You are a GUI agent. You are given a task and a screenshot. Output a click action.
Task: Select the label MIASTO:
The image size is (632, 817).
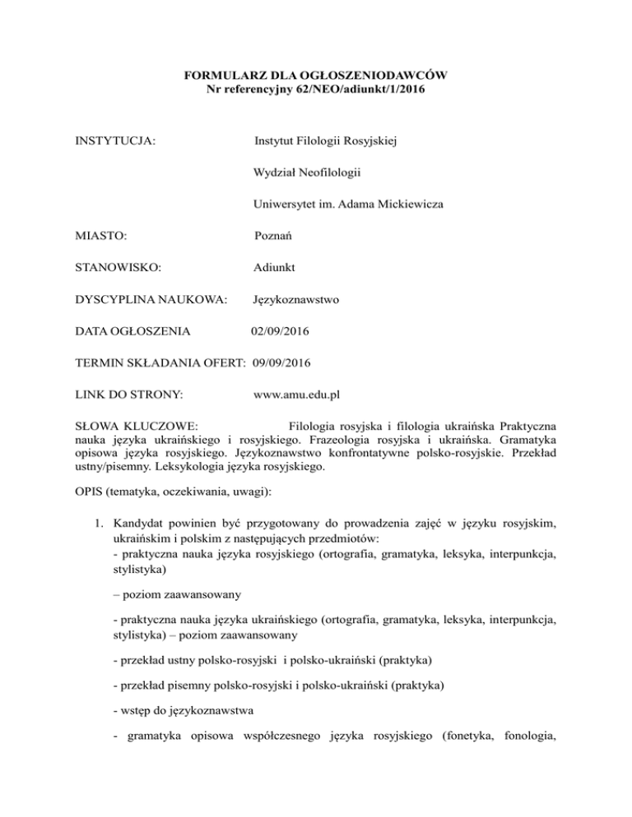click(x=92, y=236)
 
